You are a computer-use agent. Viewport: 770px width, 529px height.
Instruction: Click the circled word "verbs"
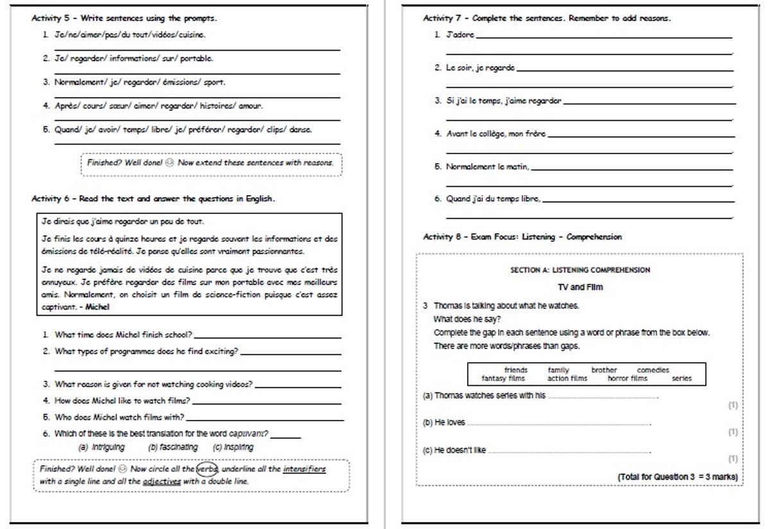pyautogui.click(x=207, y=469)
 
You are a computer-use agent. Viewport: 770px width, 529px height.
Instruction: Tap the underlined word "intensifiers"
pyautogui.click(x=304, y=469)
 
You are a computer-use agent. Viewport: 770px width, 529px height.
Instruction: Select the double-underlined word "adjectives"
pyautogui.click(x=162, y=481)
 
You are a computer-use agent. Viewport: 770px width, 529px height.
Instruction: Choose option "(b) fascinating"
pyautogui.click(x=172, y=447)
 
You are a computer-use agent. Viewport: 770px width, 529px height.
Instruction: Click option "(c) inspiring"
pyautogui.click(x=233, y=447)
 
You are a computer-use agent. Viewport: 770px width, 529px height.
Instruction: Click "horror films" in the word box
pyautogui.click(x=628, y=379)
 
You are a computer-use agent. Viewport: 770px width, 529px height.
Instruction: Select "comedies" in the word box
pyautogui.click(x=653, y=370)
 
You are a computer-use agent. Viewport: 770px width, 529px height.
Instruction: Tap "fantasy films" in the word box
pyautogui.click(x=503, y=379)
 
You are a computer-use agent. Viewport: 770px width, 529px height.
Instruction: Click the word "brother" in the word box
pyautogui.click(x=604, y=370)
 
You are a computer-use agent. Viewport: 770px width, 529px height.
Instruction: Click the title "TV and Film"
pyautogui.click(x=580, y=288)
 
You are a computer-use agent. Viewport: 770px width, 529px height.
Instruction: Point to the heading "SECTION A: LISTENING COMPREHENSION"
pyautogui.click(x=580, y=270)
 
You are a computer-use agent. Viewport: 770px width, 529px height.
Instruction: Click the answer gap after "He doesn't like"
pyautogui.click(x=568, y=452)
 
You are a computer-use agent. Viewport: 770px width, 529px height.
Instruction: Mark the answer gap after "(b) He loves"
pyautogui.click(x=558, y=424)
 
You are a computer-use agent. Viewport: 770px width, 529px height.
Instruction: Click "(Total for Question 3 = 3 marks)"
pyautogui.click(x=677, y=477)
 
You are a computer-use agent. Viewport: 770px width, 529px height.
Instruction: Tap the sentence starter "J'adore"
pyautogui.click(x=461, y=34)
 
